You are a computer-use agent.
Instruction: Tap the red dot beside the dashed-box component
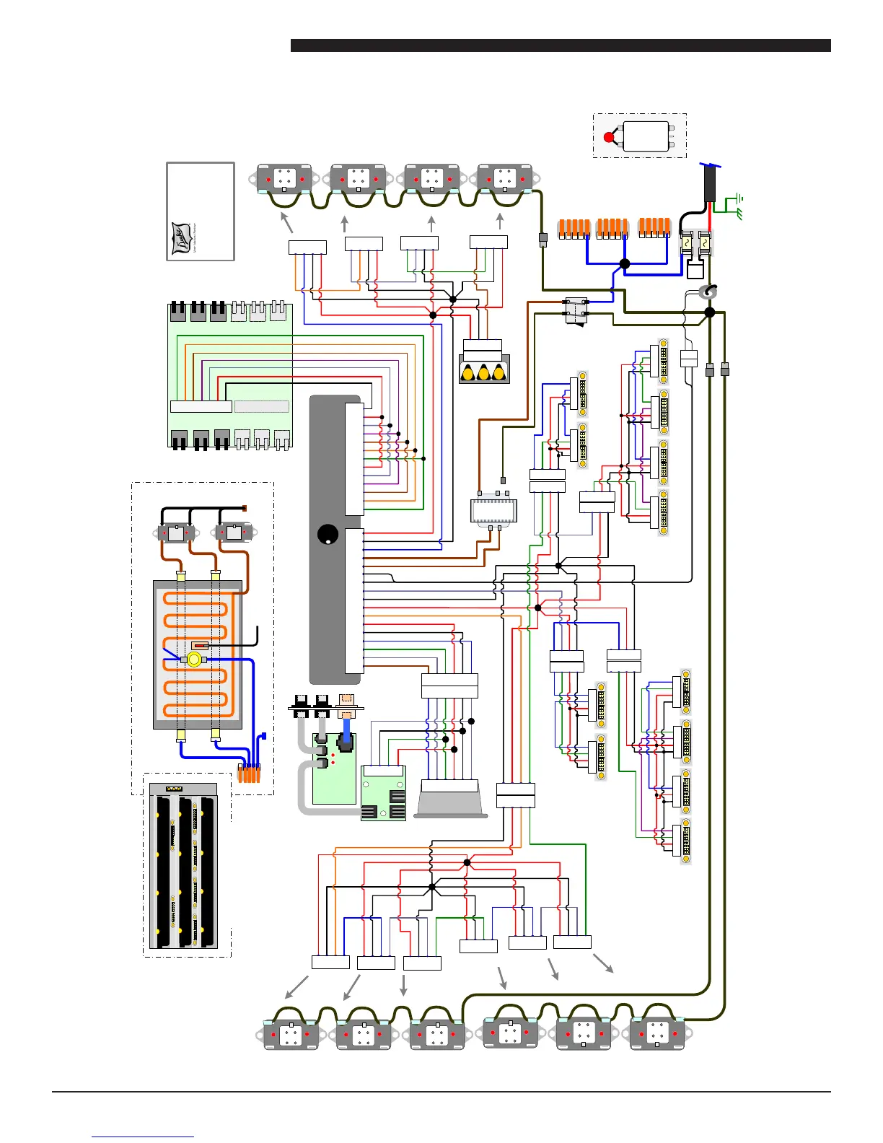[x=609, y=137]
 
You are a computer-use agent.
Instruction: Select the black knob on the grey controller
[x=327, y=535]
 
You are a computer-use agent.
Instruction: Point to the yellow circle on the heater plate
[x=193, y=660]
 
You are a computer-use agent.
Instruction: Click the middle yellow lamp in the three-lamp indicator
[x=483, y=373]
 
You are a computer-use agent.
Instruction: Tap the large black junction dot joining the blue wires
[x=625, y=264]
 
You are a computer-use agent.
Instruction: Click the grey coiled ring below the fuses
[x=708, y=292]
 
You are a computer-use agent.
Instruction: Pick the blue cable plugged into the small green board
[x=347, y=724]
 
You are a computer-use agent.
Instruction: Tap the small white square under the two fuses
[x=695, y=270]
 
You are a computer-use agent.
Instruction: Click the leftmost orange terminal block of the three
[x=574, y=228]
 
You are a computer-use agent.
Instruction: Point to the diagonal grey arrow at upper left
[x=286, y=222]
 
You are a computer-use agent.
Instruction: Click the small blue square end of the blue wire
[x=263, y=736]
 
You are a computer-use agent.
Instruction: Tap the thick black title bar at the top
[x=561, y=45]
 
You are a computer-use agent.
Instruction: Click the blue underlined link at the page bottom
[x=143, y=1137]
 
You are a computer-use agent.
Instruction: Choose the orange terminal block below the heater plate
[x=249, y=774]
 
